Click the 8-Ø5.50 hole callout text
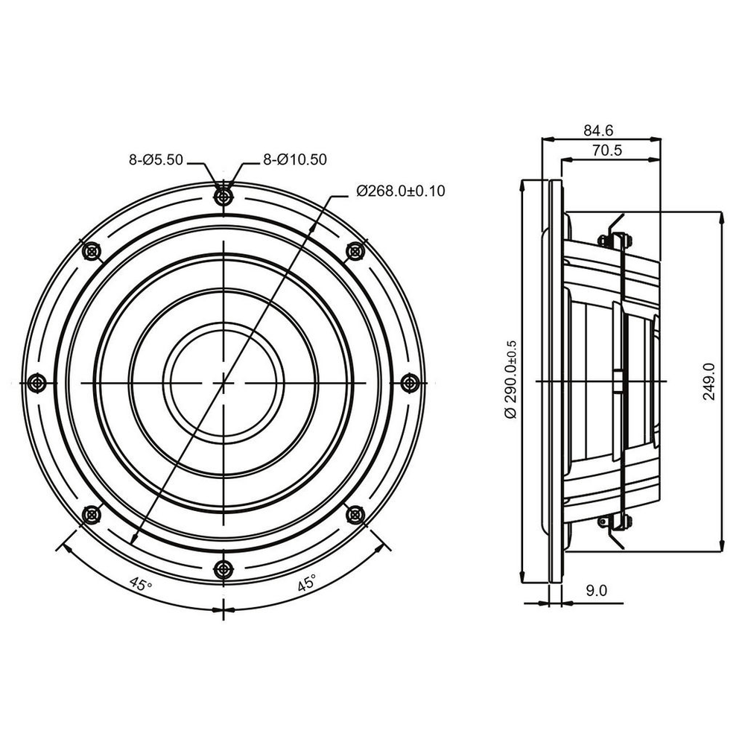click(156, 159)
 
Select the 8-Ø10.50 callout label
click(295, 159)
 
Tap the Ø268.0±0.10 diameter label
click(401, 191)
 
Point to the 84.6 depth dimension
click(598, 130)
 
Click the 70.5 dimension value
click(606, 150)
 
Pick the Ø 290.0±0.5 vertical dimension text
click(511, 379)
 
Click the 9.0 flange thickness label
click(596, 591)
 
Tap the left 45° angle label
click(141, 584)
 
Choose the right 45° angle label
click(307, 583)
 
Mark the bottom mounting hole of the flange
click(223, 568)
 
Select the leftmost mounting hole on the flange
click(37, 382)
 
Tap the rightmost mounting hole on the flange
click(410, 382)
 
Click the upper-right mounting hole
click(355, 251)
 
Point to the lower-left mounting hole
click(91, 514)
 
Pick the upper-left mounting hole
click(91, 251)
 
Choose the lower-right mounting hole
click(355, 514)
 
